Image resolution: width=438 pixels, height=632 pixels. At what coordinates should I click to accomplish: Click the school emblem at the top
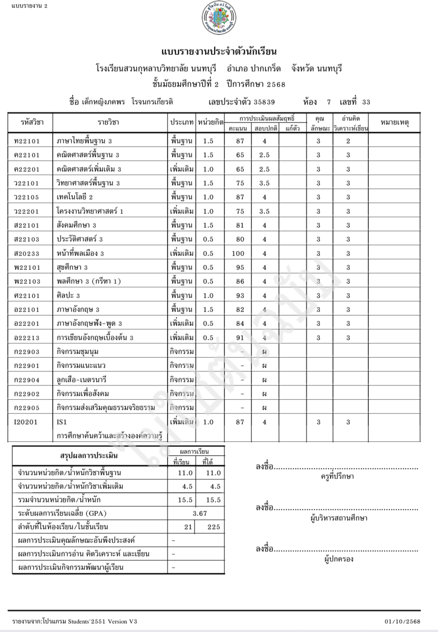pos(219,18)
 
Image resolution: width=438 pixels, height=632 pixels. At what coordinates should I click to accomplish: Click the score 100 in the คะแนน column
pos(240,253)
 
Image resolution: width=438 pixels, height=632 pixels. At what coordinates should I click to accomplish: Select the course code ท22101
pos(27,141)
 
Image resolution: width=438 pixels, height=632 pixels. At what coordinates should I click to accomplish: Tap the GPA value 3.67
pos(200,513)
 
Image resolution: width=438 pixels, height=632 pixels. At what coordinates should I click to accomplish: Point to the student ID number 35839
pos(264,102)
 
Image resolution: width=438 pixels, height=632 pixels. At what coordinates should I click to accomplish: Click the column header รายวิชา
pos(108,122)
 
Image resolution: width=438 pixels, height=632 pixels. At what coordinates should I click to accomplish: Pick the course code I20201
pos(25,422)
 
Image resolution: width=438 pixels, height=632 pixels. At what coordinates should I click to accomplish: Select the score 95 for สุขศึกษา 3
pos(240,267)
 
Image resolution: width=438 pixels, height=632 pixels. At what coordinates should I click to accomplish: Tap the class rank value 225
pos(213,527)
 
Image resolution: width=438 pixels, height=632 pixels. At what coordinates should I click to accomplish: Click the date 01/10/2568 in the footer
pos(402,621)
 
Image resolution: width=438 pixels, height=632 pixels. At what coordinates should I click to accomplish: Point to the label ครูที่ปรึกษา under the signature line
pos(337,476)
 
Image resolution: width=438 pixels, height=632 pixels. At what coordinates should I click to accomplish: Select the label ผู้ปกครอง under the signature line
pos(339,559)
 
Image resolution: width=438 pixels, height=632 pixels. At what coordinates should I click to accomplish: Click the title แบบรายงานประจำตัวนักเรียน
pos(219,52)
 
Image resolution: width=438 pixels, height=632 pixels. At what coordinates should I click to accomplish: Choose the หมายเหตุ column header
pos(394,122)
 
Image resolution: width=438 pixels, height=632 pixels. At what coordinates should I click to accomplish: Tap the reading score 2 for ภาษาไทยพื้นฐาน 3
pos(348,141)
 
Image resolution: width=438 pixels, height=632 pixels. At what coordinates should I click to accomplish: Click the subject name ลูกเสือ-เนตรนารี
pos(81,380)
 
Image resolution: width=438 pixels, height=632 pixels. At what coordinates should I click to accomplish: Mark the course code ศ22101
pos(27,295)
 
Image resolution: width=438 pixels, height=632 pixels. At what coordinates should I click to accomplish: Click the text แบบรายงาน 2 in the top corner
pos(30,6)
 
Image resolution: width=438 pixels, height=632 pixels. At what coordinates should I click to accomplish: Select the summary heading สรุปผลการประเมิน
pos(89,456)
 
